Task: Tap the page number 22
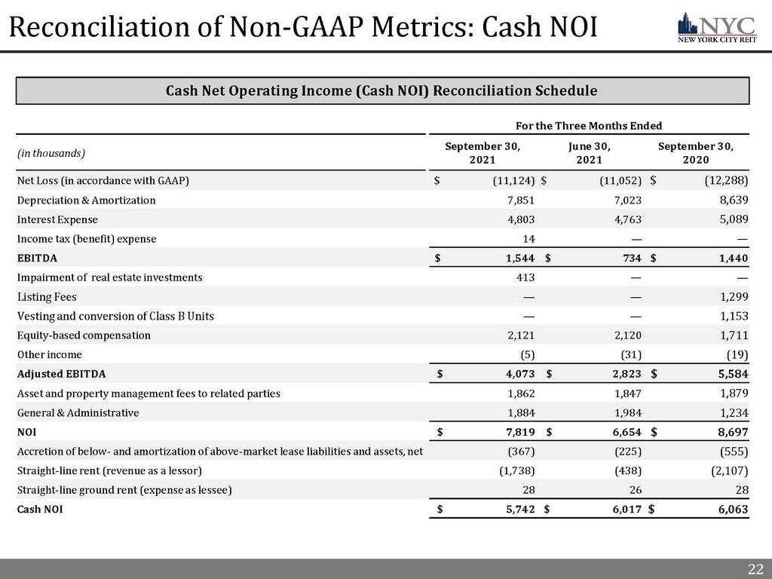pos(755,568)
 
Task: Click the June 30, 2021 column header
pos(589,153)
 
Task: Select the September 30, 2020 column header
pos(695,153)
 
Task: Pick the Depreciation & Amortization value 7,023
pos(626,200)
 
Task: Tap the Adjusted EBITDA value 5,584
pos(729,374)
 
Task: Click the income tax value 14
pos(529,239)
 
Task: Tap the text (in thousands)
pos(51,153)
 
